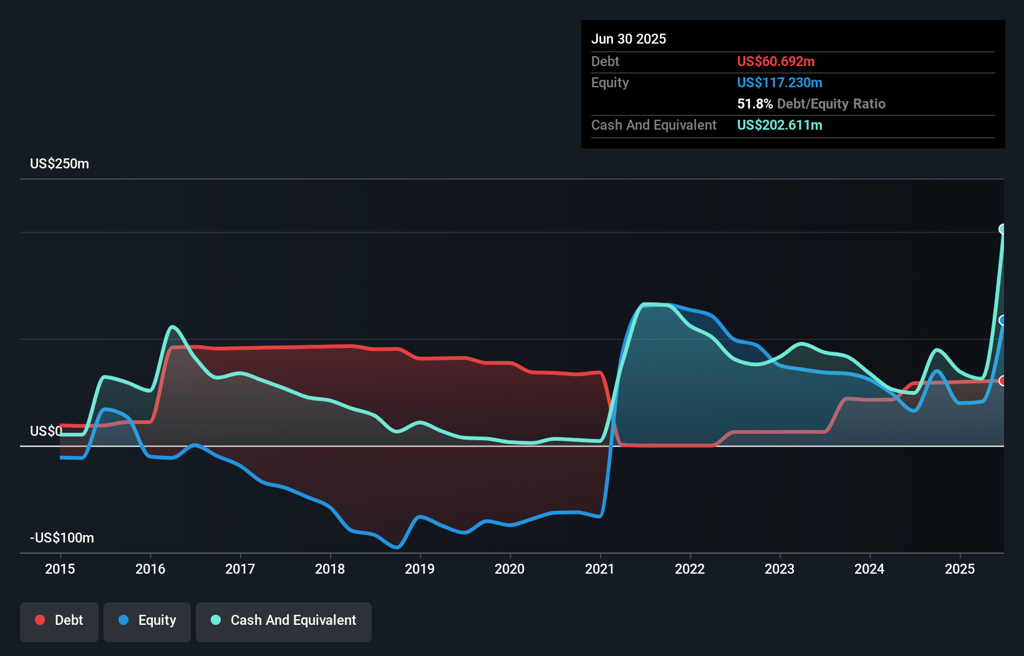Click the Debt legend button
point(59,620)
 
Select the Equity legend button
point(147,620)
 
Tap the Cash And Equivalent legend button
point(284,620)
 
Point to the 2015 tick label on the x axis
point(60,569)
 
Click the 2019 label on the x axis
point(420,569)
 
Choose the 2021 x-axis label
point(599,569)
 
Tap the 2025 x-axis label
point(959,569)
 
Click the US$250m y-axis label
point(59,163)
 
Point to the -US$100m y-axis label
point(62,538)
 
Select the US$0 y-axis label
point(46,431)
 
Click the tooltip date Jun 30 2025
point(629,39)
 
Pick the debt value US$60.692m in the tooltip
point(776,61)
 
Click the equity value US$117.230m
point(780,82)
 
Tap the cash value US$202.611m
point(780,125)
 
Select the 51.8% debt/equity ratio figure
point(755,104)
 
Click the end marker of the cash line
point(1003,229)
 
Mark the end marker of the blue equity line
point(1003,321)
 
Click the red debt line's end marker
point(1003,380)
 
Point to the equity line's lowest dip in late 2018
point(397,547)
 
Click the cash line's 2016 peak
point(172,327)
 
